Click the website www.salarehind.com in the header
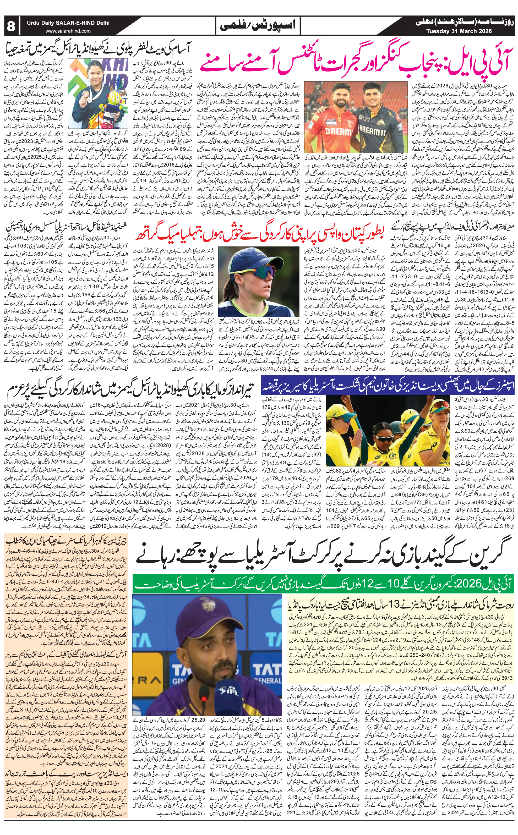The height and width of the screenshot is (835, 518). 68,31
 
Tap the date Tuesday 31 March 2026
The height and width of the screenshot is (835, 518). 459,31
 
